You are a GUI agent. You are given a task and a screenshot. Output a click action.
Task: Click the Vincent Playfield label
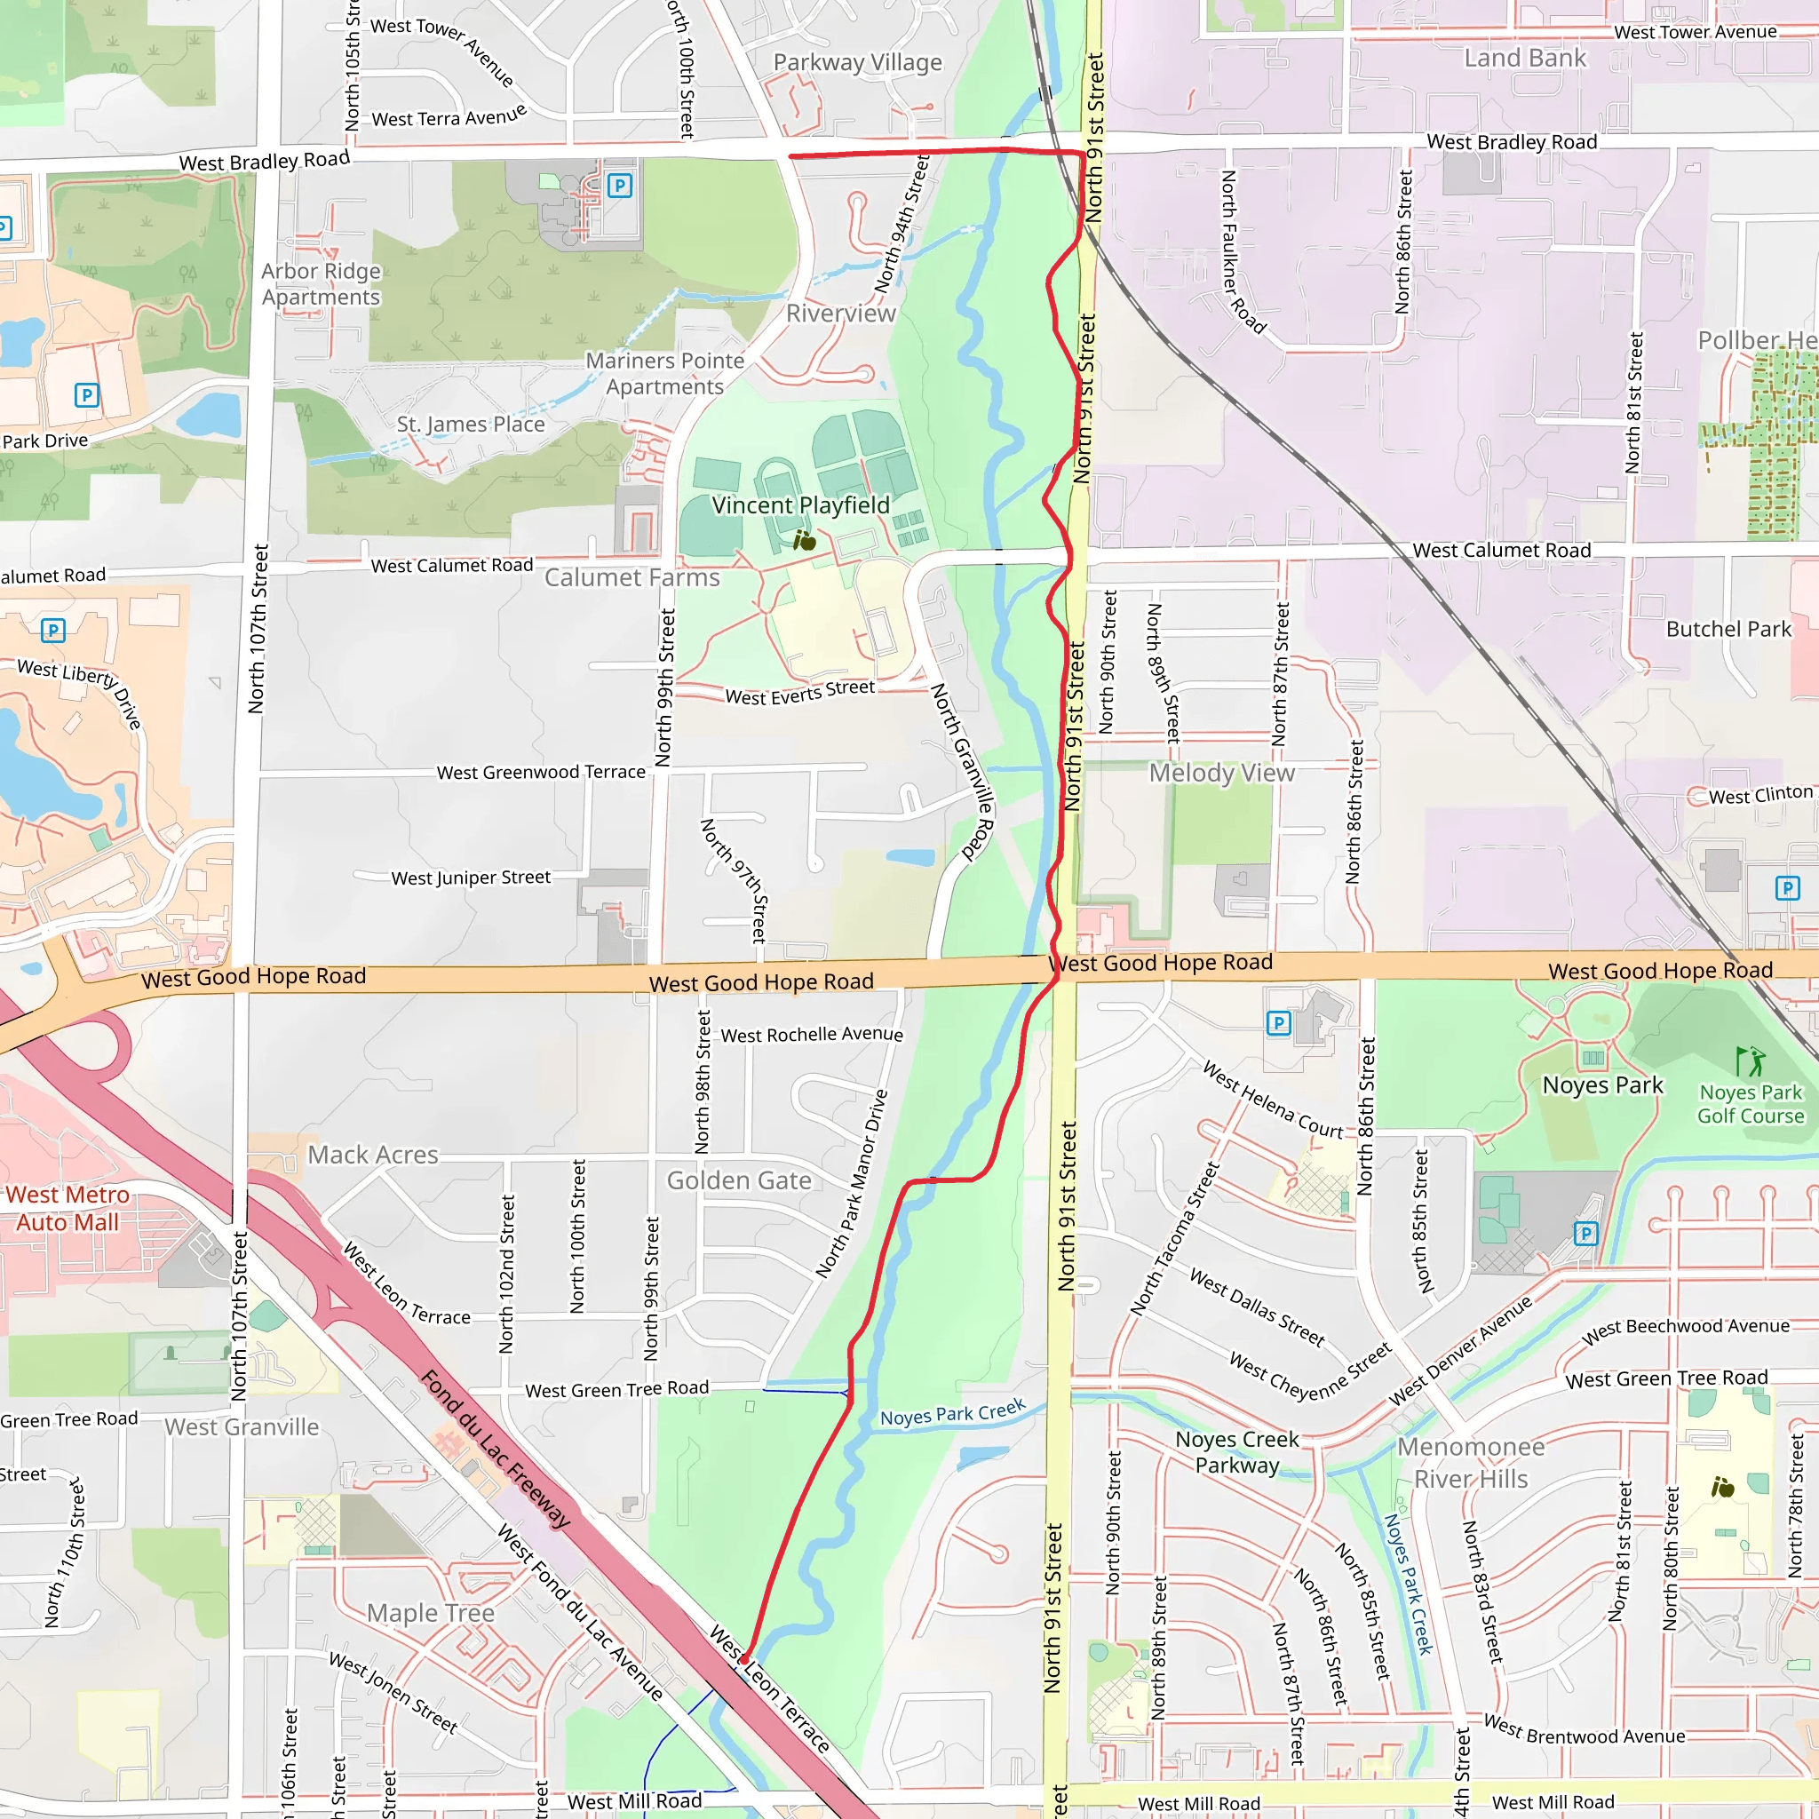(800, 505)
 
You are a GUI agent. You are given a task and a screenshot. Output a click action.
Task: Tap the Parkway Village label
(857, 63)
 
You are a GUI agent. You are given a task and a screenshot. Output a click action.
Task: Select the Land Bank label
(1524, 59)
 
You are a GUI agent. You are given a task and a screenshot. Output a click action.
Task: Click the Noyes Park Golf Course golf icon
(1751, 1061)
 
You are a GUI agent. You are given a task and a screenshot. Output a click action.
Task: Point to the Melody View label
(1221, 773)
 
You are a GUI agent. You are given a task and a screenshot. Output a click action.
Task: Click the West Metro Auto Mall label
(68, 1208)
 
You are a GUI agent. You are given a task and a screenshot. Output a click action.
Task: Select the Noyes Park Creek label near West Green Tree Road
(952, 1412)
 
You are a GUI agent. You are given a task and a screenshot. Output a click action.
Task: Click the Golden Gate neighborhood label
(738, 1180)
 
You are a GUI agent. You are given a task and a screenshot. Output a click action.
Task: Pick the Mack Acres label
(373, 1156)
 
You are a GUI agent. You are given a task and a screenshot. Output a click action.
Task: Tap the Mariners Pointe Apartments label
(664, 374)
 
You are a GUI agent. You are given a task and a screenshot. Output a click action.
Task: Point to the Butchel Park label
(1728, 629)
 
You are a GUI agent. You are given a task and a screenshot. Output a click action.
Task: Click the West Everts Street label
(799, 692)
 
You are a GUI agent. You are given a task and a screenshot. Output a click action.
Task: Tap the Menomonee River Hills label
(1471, 1462)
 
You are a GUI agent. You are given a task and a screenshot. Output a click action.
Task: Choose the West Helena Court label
(1272, 1100)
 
